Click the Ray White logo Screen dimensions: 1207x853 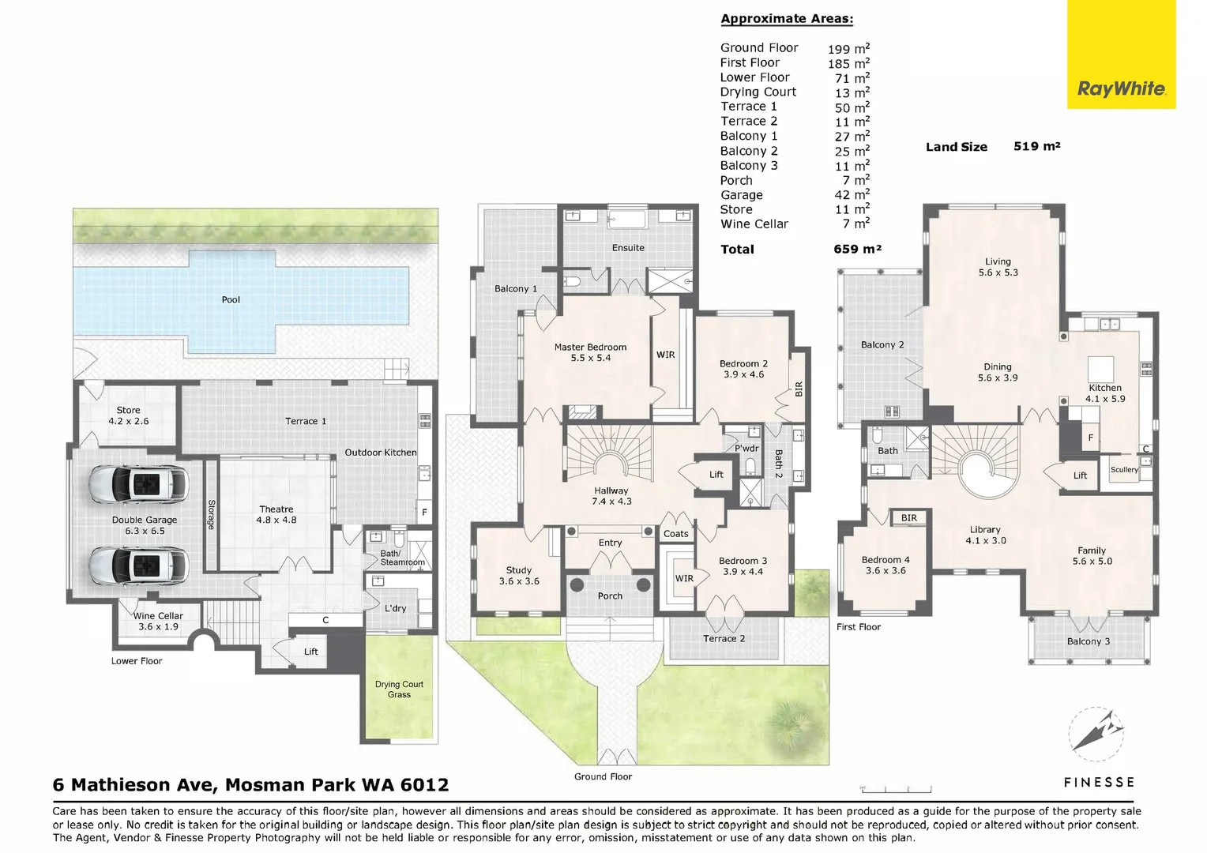pos(1121,54)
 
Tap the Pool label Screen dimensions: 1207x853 pos(231,299)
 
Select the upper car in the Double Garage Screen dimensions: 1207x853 pos(138,484)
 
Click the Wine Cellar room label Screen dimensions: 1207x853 pos(158,621)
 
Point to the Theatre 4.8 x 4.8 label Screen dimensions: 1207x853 pos(276,514)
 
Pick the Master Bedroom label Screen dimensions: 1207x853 pos(591,352)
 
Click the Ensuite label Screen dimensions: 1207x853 pos(628,248)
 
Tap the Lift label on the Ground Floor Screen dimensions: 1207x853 pos(716,474)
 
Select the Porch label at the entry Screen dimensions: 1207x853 pos(610,596)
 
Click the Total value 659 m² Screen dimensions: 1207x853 pos(857,249)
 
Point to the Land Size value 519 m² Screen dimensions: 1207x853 pos(1036,146)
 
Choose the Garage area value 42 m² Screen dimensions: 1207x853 pos(852,194)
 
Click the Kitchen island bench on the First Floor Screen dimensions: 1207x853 pos(1100,370)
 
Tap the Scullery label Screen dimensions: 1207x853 pos(1124,469)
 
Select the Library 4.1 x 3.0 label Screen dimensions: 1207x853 pos(986,535)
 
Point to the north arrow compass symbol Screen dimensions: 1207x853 pos(1096,734)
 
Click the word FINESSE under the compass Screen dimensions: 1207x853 pos(1100,782)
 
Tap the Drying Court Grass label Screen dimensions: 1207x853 pos(399,690)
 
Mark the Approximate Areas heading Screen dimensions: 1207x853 pos(787,19)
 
